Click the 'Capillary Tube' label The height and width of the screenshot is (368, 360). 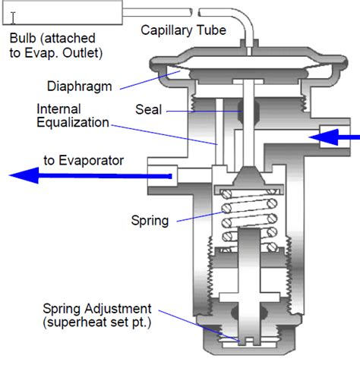coord(183,30)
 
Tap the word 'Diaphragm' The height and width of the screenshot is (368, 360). coord(80,86)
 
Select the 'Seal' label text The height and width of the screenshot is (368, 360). coord(148,110)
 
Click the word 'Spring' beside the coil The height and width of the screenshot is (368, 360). coord(150,221)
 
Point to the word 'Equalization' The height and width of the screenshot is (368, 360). coord(73,123)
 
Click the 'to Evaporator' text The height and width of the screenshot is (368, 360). coord(84,161)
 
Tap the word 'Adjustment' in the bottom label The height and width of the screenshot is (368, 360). coord(118,309)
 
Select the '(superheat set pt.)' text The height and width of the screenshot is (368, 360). coord(97,322)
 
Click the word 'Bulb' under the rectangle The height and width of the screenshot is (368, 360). coord(23,39)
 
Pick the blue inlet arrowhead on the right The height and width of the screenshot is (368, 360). coord(324,137)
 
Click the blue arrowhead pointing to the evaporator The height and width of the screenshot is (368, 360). coord(24,175)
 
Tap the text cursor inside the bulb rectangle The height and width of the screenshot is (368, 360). coord(13,18)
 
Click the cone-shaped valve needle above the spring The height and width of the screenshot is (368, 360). coord(249,175)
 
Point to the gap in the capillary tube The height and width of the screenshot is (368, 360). coord(195,12)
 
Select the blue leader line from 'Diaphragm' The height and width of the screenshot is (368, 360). coord(150,80)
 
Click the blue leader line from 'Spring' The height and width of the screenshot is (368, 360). coord(200,217)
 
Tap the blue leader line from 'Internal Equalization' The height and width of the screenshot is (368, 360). coord(164,135)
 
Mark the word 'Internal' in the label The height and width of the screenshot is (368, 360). coord(58,109)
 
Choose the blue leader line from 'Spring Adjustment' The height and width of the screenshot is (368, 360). coord(199,326)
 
